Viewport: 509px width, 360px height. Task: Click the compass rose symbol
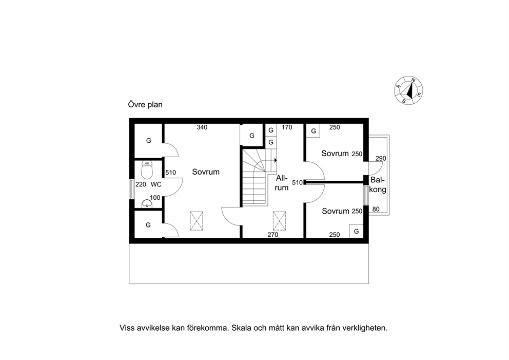408,90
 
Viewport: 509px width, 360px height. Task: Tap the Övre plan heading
145,105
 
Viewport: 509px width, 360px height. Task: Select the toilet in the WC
147,170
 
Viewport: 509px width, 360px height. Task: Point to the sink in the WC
147,204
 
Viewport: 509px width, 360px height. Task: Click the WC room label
156,184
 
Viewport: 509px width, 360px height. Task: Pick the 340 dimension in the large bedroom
202,127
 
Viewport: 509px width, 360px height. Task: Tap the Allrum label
282,183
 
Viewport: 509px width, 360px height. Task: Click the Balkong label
378,184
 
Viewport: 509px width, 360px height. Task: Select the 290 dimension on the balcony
381,159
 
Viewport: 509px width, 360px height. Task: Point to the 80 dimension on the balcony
376,209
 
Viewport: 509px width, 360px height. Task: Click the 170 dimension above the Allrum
287,127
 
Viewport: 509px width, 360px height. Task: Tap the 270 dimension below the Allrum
272,235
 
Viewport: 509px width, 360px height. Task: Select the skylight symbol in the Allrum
279,221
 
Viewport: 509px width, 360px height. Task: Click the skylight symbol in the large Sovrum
197,221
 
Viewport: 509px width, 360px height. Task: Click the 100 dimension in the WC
155,198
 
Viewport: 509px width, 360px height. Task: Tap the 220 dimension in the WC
141,184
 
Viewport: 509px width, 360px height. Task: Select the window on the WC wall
131,189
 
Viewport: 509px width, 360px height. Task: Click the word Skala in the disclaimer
243,328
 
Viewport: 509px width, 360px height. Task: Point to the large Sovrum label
206,172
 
